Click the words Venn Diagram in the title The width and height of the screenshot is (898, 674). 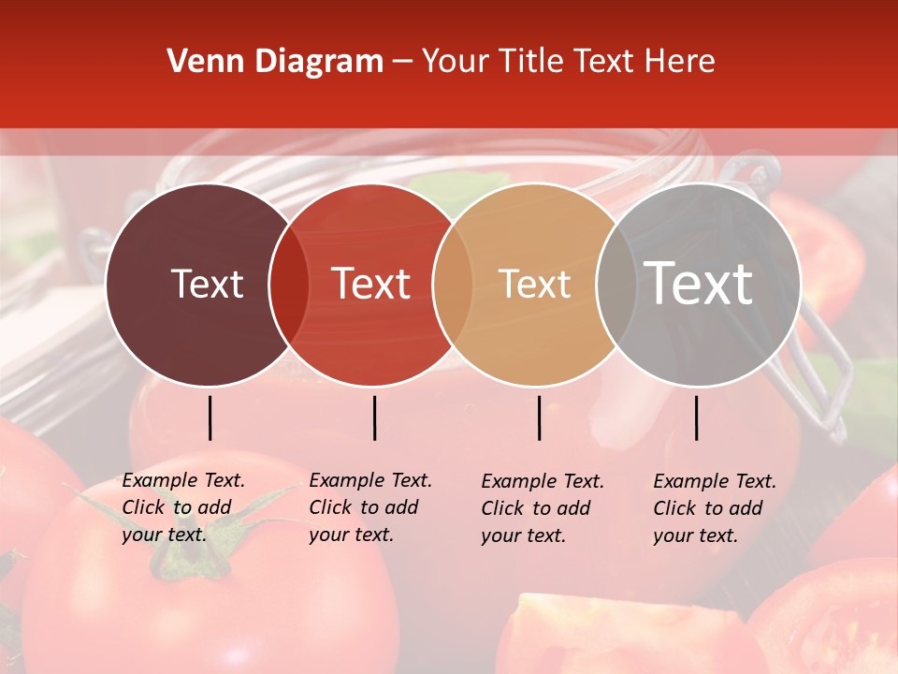point(275,62)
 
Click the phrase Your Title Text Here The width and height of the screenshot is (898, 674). point(568,62)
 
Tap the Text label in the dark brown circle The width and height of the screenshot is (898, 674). point(207,284)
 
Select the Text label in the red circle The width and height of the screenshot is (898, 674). point(370,284)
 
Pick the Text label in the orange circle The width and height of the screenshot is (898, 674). point(534,284)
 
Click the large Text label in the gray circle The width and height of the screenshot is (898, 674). point(699,283)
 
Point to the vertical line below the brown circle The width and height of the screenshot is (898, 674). point(210,418)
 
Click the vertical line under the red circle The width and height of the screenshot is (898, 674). point(374,418)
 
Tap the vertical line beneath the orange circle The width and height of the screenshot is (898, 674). point(539,418)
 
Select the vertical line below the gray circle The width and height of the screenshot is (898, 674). point(696,418)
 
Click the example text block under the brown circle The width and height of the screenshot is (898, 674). point(183,507)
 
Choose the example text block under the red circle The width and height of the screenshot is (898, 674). point(370,507)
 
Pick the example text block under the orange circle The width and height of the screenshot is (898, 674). point(543,508)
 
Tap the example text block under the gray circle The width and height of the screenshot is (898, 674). point(715,508)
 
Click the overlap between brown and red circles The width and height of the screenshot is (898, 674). point(289,284)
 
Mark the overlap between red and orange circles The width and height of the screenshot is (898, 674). point(452,284)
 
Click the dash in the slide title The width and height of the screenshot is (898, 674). point(402,63)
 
